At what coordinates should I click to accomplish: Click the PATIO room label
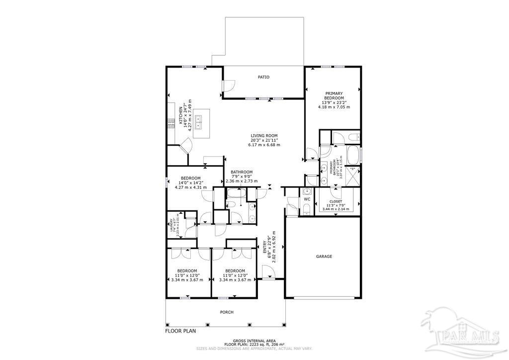point(263,77)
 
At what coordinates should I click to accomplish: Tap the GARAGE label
point(324,257)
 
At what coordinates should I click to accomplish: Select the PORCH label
point(227,312)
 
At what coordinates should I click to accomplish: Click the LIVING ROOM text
point(263,135)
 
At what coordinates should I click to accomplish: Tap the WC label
point(307,199)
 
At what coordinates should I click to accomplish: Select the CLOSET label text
point(336,202)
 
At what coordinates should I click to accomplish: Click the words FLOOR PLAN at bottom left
point(181,330)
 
